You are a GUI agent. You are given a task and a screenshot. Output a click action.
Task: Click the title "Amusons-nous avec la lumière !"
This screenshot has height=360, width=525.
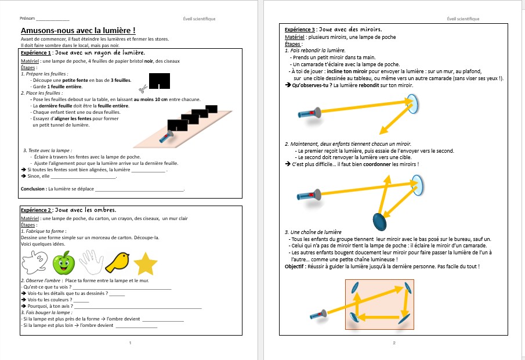78,30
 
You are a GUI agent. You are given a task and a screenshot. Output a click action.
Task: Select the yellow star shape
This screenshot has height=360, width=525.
146,264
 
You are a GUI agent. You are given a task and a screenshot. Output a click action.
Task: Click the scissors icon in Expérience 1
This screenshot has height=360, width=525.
142,88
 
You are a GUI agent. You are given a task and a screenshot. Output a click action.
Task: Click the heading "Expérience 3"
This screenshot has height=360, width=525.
300,29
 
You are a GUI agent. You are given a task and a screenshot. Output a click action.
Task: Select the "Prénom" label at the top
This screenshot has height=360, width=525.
27,19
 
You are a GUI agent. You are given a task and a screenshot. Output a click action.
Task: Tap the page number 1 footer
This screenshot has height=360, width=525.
130,343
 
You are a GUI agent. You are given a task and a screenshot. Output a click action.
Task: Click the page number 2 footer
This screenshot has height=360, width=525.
394,343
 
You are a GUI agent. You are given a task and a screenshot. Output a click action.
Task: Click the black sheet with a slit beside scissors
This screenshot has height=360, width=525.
160,81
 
